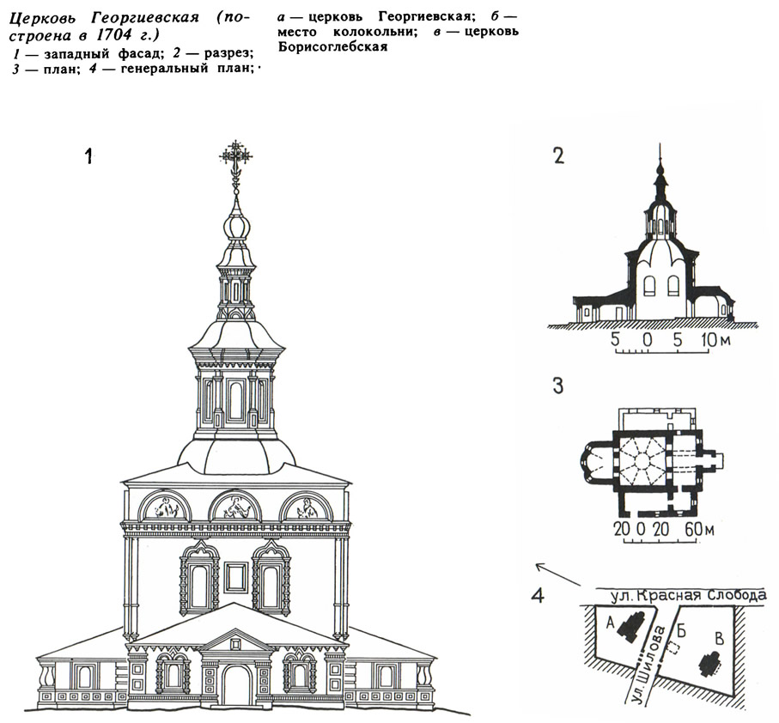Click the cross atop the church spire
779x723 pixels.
236,155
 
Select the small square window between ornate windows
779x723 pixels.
236,577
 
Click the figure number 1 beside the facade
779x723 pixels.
88,156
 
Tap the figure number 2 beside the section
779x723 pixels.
558,156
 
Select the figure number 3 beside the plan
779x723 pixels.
558,386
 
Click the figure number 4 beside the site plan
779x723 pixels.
538,594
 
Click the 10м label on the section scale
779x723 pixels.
715,340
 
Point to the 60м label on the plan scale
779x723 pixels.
700,529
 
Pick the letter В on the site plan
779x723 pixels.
718,640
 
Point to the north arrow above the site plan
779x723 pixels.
558,574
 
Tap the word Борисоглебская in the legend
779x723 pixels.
333,48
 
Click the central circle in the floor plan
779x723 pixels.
641,460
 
